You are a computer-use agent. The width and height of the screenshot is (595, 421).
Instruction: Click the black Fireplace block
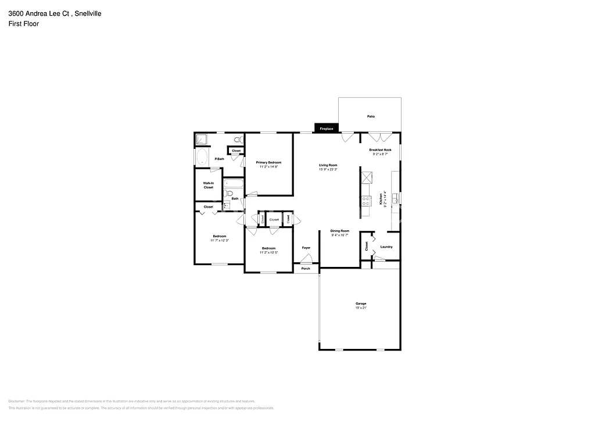[326, 128]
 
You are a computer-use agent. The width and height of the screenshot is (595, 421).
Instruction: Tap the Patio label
[371, 116]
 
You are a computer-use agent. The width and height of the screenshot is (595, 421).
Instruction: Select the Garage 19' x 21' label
[361, 306]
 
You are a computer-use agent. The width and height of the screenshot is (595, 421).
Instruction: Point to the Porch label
[306, 269]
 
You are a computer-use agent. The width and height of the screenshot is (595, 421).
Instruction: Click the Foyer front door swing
[307, 259]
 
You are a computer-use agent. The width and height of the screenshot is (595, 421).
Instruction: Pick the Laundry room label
[386, 247]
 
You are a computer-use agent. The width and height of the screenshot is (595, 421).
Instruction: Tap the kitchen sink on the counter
[395, 198]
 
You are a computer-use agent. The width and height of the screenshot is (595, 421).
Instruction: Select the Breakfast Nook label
[381, 149]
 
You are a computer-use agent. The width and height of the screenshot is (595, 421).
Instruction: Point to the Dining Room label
[339, 230]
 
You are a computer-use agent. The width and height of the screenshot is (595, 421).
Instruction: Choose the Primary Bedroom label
[269, 162]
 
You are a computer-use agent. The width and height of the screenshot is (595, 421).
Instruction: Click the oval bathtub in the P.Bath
[202, 157]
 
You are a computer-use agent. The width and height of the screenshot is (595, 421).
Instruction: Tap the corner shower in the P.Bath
[202, 139]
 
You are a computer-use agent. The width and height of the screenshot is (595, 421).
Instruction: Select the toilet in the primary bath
[237, 140]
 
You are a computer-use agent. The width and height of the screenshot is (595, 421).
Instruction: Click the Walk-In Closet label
[208, 185]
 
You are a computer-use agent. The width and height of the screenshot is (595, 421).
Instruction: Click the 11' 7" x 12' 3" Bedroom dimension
[219, 240]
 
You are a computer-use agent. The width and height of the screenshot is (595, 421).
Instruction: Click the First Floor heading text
[24, 24]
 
